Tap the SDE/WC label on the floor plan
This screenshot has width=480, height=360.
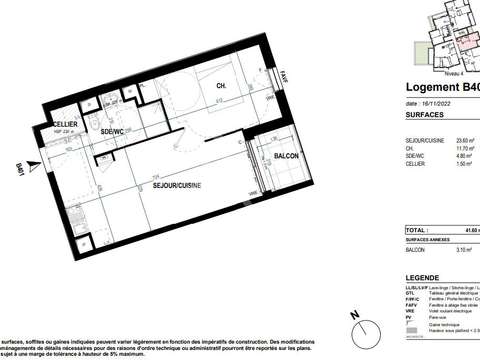[x=111, y=132]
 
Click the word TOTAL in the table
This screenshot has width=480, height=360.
[x=417, y=230]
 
